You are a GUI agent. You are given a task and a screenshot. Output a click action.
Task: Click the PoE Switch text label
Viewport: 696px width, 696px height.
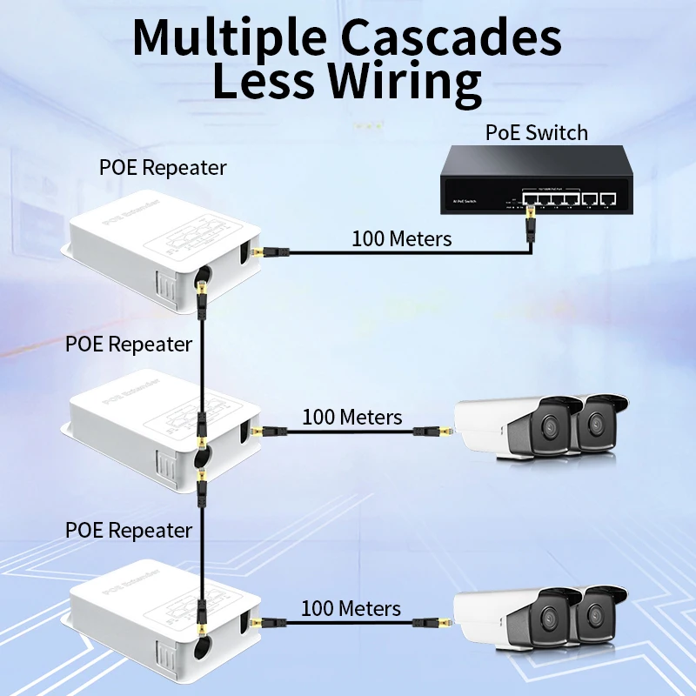pyautogui.click(x=536, y=132)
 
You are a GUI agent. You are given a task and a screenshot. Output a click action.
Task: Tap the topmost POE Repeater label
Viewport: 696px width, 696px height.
pyautogui.click(x=164, y=167)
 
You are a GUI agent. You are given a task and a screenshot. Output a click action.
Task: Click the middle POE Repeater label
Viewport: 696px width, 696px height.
pyautogui.click(x=129, y=344)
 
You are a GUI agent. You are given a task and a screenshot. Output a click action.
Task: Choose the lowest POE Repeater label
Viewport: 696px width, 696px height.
pyautogui.click(x=129, y=530)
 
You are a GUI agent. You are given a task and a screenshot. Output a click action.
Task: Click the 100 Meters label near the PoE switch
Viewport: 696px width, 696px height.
pyautogui.click(x=401, y=238)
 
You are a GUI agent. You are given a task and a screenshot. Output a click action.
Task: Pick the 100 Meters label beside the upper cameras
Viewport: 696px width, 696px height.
pyautogui.click(x=352, y=417)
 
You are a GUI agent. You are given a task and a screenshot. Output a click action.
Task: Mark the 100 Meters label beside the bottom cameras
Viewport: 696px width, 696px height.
pyautogui.click(x=351, y=608)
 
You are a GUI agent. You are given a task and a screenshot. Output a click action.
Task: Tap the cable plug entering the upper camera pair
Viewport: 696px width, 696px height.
pyautogui.click(x=442, y=431)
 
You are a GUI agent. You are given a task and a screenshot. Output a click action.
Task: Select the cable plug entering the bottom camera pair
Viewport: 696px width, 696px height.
pyautogui.click(x=442, y=622)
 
